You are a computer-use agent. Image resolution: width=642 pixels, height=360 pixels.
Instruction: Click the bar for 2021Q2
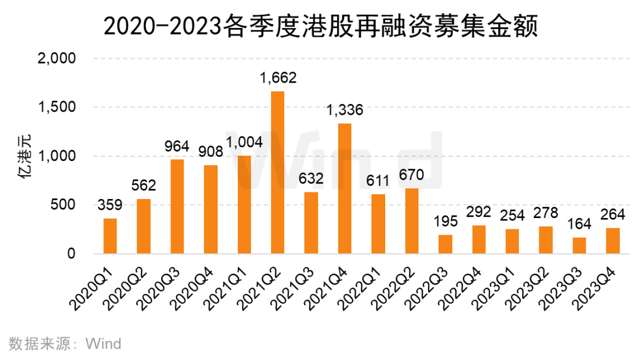(x=278, y=173)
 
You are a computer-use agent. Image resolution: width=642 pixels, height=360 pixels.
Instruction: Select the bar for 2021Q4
(x=345, y=188)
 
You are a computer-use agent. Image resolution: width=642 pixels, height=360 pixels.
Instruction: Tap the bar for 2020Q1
(x=110, y=236)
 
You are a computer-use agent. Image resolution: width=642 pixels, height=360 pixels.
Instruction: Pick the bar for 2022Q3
(x=445, y=244)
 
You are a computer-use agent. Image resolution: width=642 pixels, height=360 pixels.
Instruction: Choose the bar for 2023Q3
(x=580, y=245)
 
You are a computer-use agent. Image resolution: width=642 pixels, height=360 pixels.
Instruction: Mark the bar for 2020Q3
(x=177, y=207)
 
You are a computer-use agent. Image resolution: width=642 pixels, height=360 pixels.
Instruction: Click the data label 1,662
(x=278, y=78)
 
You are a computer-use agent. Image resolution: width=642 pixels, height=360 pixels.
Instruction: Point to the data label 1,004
(x=244, y=143)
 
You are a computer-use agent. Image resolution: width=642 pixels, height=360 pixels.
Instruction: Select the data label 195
(x=445, y=222)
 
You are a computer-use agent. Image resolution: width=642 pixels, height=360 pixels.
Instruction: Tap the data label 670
(x=411, y=175)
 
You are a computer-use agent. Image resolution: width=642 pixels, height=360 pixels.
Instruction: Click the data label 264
(x=612, y=214)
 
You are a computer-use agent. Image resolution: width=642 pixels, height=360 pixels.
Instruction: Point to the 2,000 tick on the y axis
(x=57, y=58)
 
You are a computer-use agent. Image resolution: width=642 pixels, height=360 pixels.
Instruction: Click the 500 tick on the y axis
(x=63, y=204)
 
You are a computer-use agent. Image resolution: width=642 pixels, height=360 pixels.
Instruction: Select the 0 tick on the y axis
(x=71, y=254)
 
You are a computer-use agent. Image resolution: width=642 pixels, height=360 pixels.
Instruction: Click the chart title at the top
(x=320, y=27)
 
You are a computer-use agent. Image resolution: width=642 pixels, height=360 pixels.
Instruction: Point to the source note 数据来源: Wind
(x=65, y=343)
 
